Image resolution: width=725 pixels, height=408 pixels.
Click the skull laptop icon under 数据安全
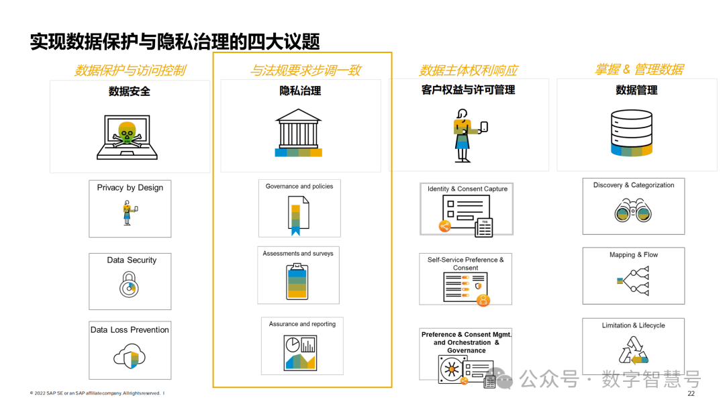point(127,136)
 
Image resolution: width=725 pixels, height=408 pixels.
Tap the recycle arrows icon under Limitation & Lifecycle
point(633,350)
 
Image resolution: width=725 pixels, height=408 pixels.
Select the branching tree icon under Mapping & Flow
point(633,280)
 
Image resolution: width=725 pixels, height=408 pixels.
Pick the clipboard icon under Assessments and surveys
point(297,281)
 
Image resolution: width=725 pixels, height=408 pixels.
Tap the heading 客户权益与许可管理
point(468,90)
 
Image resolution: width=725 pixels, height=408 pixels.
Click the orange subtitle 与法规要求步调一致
point(305,70)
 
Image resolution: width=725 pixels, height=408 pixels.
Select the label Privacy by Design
point(130,188)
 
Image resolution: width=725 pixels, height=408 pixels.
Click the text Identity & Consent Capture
point(467,189)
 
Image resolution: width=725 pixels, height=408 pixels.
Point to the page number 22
point(691,394)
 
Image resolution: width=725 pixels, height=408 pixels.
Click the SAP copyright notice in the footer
point(95,393)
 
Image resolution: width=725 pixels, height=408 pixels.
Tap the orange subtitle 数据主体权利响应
point(468,70)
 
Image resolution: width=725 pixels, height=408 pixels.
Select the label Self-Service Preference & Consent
point(465,263)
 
